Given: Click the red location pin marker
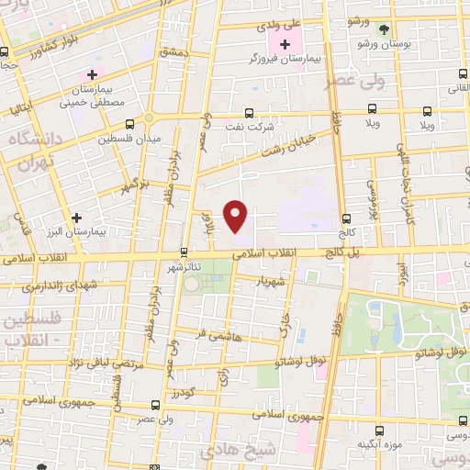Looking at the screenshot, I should coord(237,216).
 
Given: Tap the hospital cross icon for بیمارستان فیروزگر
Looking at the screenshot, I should coord(285,44).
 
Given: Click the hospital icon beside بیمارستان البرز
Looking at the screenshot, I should coord(76,218).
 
